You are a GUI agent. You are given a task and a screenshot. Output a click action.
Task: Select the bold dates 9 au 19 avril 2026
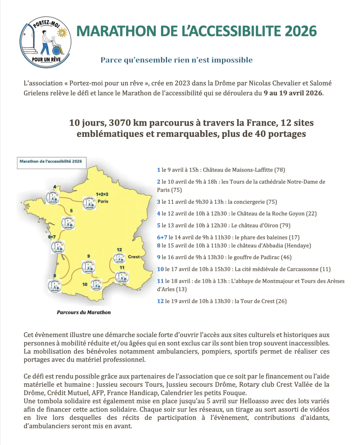pyautogui.click(x=294, y=93)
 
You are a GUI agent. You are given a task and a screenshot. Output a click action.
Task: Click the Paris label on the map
pyautogui.click(x=102, y=201)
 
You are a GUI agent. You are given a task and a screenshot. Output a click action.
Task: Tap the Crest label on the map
pyautogui.click(x=134, y=257)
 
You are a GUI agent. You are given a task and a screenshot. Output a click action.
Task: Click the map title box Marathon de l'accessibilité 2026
pyautogui.click(x=50, y=161)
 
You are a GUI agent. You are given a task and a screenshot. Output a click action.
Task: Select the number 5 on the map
pyautogui.click(x=71, y=211)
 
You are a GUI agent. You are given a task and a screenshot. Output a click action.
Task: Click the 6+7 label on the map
pyautogui.click(x=52, y=237)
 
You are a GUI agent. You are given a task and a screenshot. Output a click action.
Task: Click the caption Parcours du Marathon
pyautogui.click(x=84, y=312)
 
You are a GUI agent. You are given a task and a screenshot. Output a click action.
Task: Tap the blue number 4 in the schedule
pyautogui.click(x=159, y=213)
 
